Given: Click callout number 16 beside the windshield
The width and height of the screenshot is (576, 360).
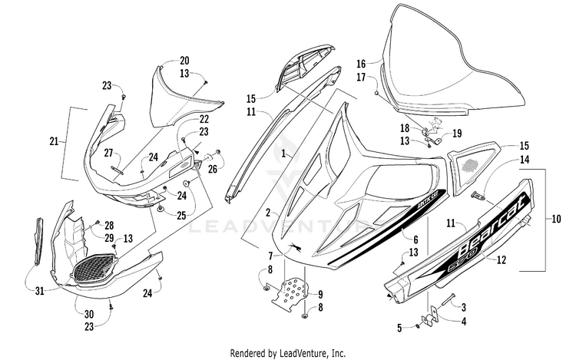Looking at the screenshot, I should (361, 64).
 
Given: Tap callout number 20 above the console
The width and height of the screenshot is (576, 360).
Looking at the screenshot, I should (184, 61).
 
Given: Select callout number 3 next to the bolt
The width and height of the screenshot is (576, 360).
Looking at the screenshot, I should (463, 306).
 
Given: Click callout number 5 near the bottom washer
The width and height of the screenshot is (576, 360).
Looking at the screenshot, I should (399, 328).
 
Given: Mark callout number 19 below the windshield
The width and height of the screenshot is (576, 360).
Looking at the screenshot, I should (457, 133).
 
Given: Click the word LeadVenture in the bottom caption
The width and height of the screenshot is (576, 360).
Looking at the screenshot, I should (310, 352).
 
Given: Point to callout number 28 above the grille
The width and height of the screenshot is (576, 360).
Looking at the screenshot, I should (110, 225).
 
